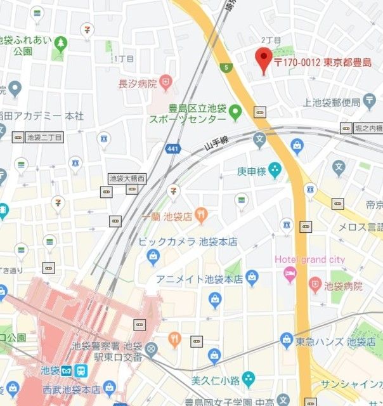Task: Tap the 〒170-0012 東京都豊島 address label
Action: [x=322, y=62]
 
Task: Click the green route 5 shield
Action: [x=226, y=67]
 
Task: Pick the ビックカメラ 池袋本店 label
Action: [x=188, y=242]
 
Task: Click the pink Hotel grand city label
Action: [x=309, y=259]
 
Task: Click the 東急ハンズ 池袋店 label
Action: [x=335, y=342]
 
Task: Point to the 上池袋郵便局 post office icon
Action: [x=371, y=101]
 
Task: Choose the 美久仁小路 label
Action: [x=215, y=381]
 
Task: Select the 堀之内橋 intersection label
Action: [x=368, y=128]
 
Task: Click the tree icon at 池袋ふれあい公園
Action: [x=60, y=44]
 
